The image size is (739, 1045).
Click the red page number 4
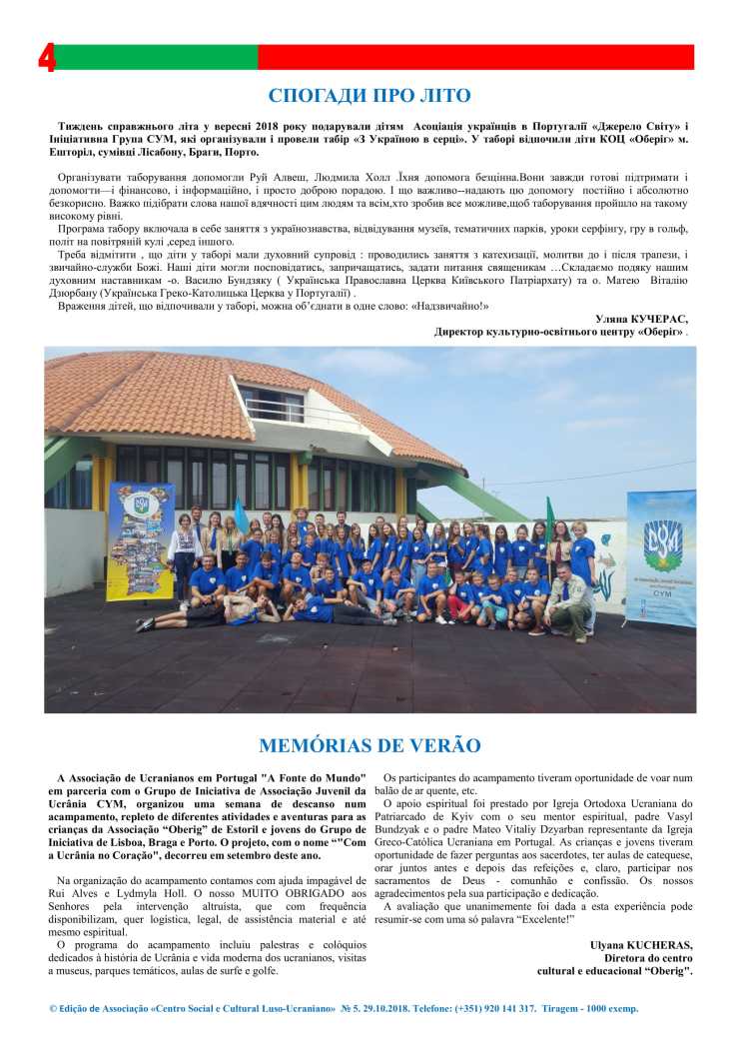click(x=47, y=59)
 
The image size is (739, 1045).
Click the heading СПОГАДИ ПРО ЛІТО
click(x=369, y=96)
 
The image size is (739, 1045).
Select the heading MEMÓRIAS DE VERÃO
click(x=369, y=745)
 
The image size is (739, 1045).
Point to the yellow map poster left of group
click(x=140, y=540)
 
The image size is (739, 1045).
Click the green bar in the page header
click(x=155, y=58)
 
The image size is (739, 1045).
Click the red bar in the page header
click(x=475, y=58)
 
